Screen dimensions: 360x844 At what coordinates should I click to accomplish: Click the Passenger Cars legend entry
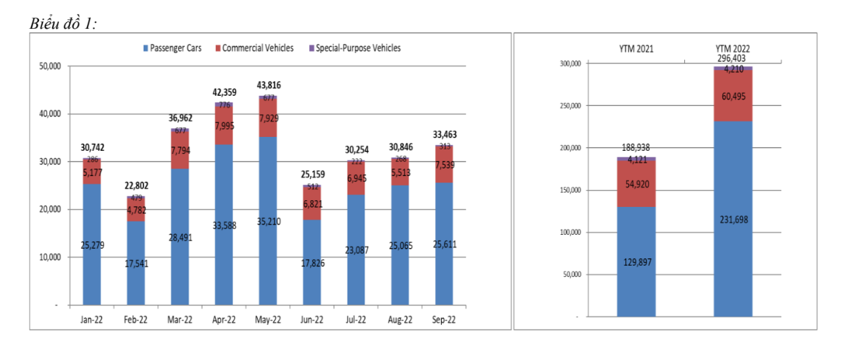174,49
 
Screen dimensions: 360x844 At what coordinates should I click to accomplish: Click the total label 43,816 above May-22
267,85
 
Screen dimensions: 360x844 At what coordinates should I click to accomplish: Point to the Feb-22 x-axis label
136,320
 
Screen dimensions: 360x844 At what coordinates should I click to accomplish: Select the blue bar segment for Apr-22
224,221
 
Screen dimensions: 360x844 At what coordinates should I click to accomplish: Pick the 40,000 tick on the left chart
49,114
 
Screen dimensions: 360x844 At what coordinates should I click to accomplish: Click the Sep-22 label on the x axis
444,320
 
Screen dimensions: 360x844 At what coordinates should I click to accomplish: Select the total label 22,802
136,186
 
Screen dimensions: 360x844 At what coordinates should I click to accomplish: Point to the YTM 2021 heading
636,49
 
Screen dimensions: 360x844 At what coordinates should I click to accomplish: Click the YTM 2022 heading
733,49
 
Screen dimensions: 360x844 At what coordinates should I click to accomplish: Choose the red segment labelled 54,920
636,183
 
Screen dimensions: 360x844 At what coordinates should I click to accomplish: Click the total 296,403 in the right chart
733,58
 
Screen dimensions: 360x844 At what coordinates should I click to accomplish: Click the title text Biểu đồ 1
63,24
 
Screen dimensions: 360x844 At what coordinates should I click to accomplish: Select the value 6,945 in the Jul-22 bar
356,179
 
